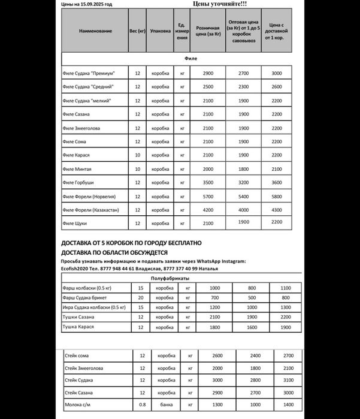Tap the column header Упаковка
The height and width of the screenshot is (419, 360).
(161, 31)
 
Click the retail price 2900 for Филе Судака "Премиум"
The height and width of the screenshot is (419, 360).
(208, 73)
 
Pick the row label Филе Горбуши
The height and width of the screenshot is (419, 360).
(78, 182)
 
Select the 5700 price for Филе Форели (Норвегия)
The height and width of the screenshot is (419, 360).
(208, 196)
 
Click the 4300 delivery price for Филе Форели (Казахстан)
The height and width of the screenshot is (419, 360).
(276, 210)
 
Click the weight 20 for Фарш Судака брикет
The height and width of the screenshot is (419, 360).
(140, 297)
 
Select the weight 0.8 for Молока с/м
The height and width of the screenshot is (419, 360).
(143, 405)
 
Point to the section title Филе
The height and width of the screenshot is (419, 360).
(189, 58)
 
